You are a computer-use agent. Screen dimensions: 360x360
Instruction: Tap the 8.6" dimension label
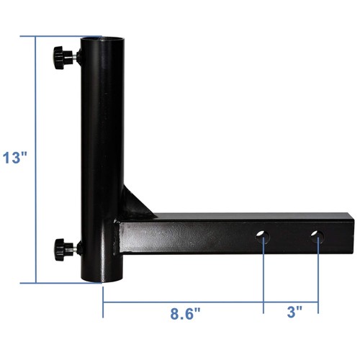coord(185,313)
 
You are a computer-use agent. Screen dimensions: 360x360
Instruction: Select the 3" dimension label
coord(294,312)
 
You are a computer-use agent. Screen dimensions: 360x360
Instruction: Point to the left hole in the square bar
coord(263,236)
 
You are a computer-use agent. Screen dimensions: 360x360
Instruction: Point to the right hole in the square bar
coord(317,236)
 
